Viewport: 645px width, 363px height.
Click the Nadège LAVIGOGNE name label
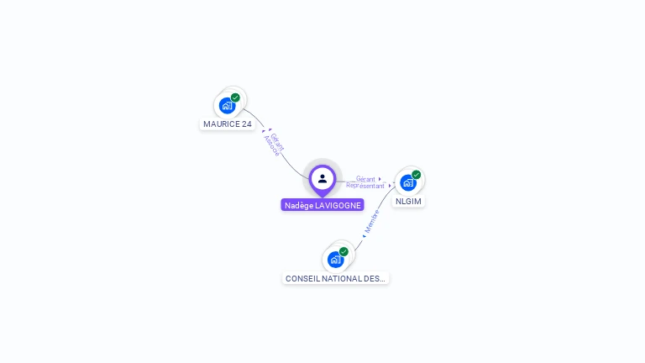pos(322,205)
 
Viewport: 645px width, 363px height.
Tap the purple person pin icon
pos(322,178)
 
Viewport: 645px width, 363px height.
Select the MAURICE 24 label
pos(228,124)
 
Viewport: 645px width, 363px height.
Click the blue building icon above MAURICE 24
pos(227,106)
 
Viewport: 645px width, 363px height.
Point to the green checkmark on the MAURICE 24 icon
pos(235,97)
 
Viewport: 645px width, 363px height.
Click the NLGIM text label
pos(409,202)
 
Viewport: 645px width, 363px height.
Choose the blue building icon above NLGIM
pos(407,182)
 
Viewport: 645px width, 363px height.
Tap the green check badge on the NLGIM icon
pos(417,175)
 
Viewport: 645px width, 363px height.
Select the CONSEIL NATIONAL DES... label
pos(336,278)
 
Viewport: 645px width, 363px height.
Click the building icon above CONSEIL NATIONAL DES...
pos(335,260)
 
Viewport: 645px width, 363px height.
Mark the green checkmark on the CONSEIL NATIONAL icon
pos(343,251)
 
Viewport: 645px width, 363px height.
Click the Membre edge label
pos(372,221)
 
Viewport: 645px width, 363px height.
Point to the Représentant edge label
pos(364,186)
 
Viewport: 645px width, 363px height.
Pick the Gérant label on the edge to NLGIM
pos(365,178)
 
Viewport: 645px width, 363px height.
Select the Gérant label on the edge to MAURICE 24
pos(278,141)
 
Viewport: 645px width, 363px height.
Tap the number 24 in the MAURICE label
pos(246,124)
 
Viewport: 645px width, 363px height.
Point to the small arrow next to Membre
pos(363,236)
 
